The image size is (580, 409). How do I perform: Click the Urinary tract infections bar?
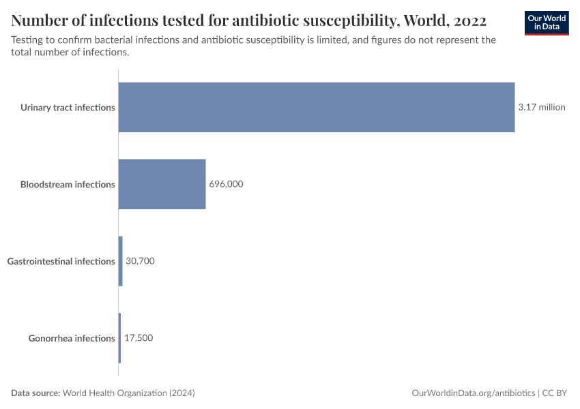[x=317, y=107]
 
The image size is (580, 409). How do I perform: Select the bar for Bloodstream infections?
[x=162, y=184]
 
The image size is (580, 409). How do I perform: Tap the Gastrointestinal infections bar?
[x=121, y=261]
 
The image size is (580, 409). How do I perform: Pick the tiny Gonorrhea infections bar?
[x=119, y=338]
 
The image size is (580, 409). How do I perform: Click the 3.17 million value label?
[x=541, y=107]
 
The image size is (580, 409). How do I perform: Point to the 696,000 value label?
[x=226, y=184]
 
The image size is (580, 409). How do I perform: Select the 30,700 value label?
[x=141, y=261]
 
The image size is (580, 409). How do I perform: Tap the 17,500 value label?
[x=139, y=338]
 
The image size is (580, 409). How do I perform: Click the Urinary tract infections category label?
[x=68, y=108]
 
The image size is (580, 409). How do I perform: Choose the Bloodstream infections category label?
[x=68, y=185]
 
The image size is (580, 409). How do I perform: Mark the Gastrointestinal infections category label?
[x=61, y=262]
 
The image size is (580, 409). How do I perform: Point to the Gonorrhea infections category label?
[x=72, y=339]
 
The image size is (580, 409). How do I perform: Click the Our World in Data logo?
[x=547, y=22]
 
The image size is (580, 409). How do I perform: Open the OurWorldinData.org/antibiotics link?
[x=474, y=393]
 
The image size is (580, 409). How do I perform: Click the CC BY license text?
[x=555, y=393]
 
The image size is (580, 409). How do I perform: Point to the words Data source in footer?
[x=35, y=393]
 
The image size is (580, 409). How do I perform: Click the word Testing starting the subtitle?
[x=29, y=40]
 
